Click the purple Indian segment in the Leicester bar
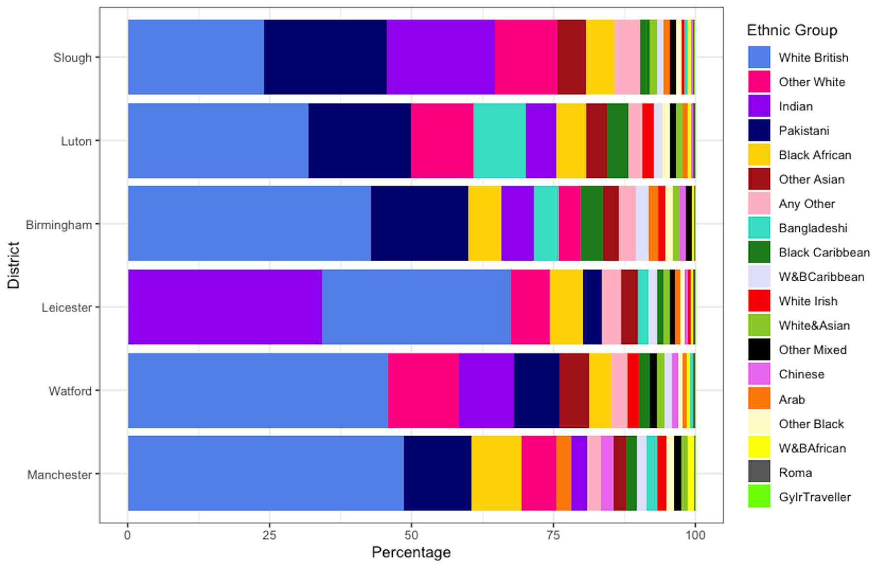224,307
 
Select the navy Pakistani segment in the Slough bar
325,57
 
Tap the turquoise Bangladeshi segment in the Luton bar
499,141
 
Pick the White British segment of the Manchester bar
266,473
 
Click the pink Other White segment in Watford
423,390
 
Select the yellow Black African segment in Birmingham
484,223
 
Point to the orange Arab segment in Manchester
563,473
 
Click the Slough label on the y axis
72,58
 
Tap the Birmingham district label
59,225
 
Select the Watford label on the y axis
70,391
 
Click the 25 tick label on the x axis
269,535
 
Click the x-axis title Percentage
411,552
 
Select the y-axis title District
14,265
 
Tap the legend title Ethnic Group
791,30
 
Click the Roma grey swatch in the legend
759,472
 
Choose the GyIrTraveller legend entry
814,497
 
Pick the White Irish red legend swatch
759,301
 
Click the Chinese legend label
801,374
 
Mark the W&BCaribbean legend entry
821,277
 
